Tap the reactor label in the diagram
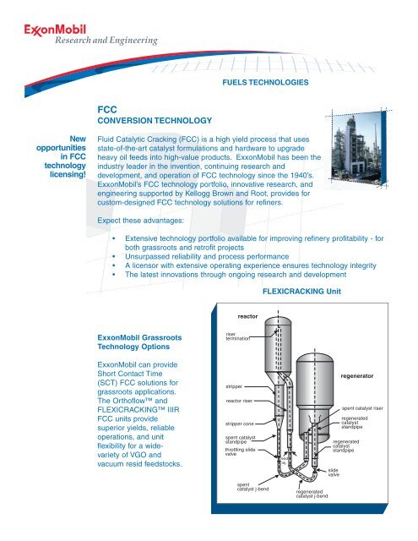(x=247, y=316)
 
